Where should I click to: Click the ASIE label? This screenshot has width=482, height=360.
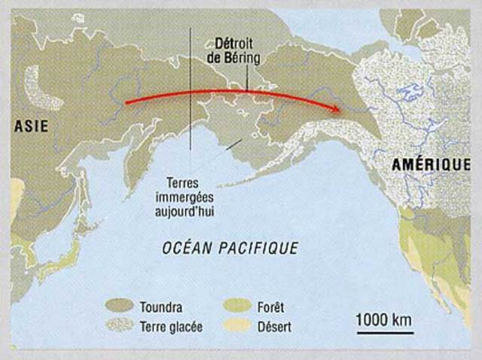coord(31,127)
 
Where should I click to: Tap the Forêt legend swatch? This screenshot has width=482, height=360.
coord(236,306)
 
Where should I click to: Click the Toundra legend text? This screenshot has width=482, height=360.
coord(160,307)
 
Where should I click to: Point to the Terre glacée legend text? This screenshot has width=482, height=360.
coord(171,326)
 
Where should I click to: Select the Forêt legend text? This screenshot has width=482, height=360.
coord(273,307)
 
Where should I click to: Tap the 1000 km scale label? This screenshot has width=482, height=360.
coord(384,319)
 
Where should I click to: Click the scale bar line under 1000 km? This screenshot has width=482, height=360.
coord(384,331)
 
